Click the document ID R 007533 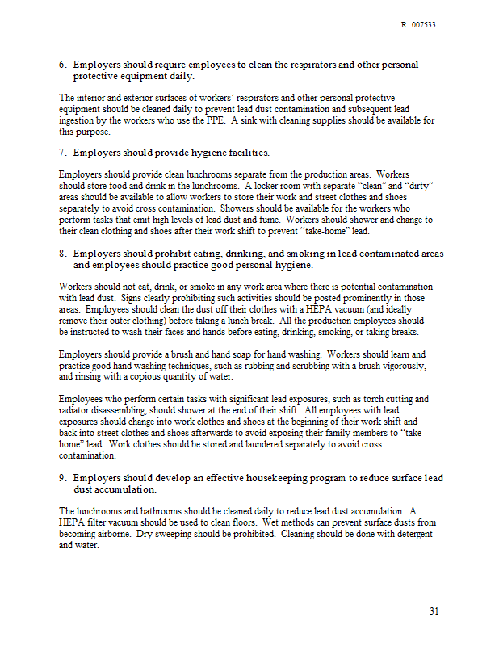[x=418, y=25]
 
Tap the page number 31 [x=434, y=610]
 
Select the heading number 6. [x=62, y=65]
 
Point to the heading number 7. [x=62, y=152]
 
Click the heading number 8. [x=62, y=254]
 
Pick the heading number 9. [x=62, y=478]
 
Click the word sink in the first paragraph [x=251, y=120]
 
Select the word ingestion [x=77, y=120]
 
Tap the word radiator [x=74, y=410]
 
